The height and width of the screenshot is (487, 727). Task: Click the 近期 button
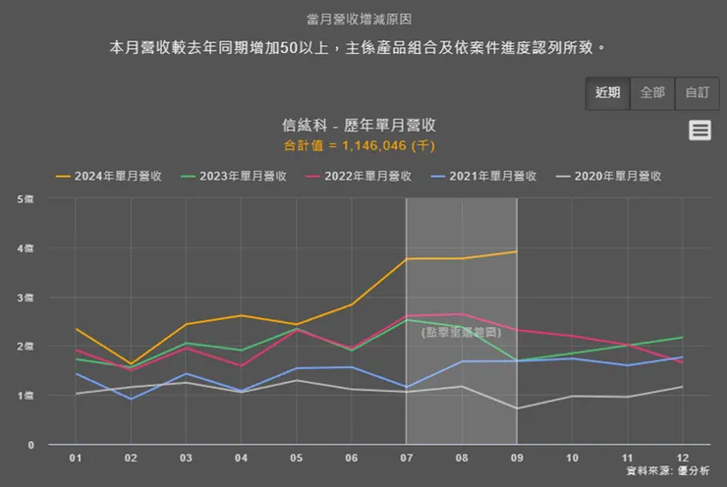click(607, 92)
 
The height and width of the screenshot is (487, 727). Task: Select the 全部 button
click(652, 92)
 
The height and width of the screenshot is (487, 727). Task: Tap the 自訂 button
click(697, 92)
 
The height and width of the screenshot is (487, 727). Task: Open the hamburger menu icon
click(699, 130)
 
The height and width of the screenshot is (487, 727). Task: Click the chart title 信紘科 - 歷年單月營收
click(359, 126)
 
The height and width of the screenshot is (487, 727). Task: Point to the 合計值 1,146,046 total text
click(359, 145)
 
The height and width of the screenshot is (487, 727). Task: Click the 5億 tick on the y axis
click(25, 199)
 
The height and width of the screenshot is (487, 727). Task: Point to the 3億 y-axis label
click(25, 298)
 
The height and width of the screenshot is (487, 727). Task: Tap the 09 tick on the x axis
click(517, 458)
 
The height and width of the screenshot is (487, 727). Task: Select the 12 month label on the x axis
click(683, 458)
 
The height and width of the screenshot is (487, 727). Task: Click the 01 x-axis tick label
click(76, 458)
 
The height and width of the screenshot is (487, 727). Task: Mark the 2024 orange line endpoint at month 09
click(517, 251)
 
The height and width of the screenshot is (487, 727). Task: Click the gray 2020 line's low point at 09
click(517, 408)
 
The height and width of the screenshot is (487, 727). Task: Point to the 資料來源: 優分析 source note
click(669, 472)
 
